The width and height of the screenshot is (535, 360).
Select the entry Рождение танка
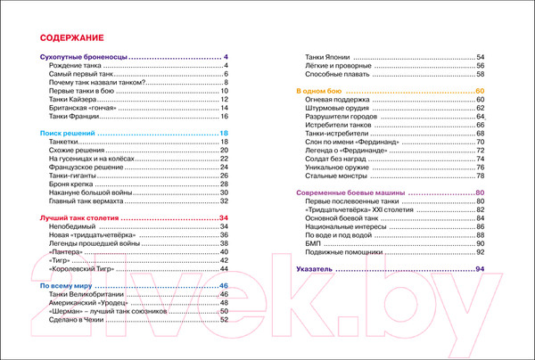click(x=78, y=67)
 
